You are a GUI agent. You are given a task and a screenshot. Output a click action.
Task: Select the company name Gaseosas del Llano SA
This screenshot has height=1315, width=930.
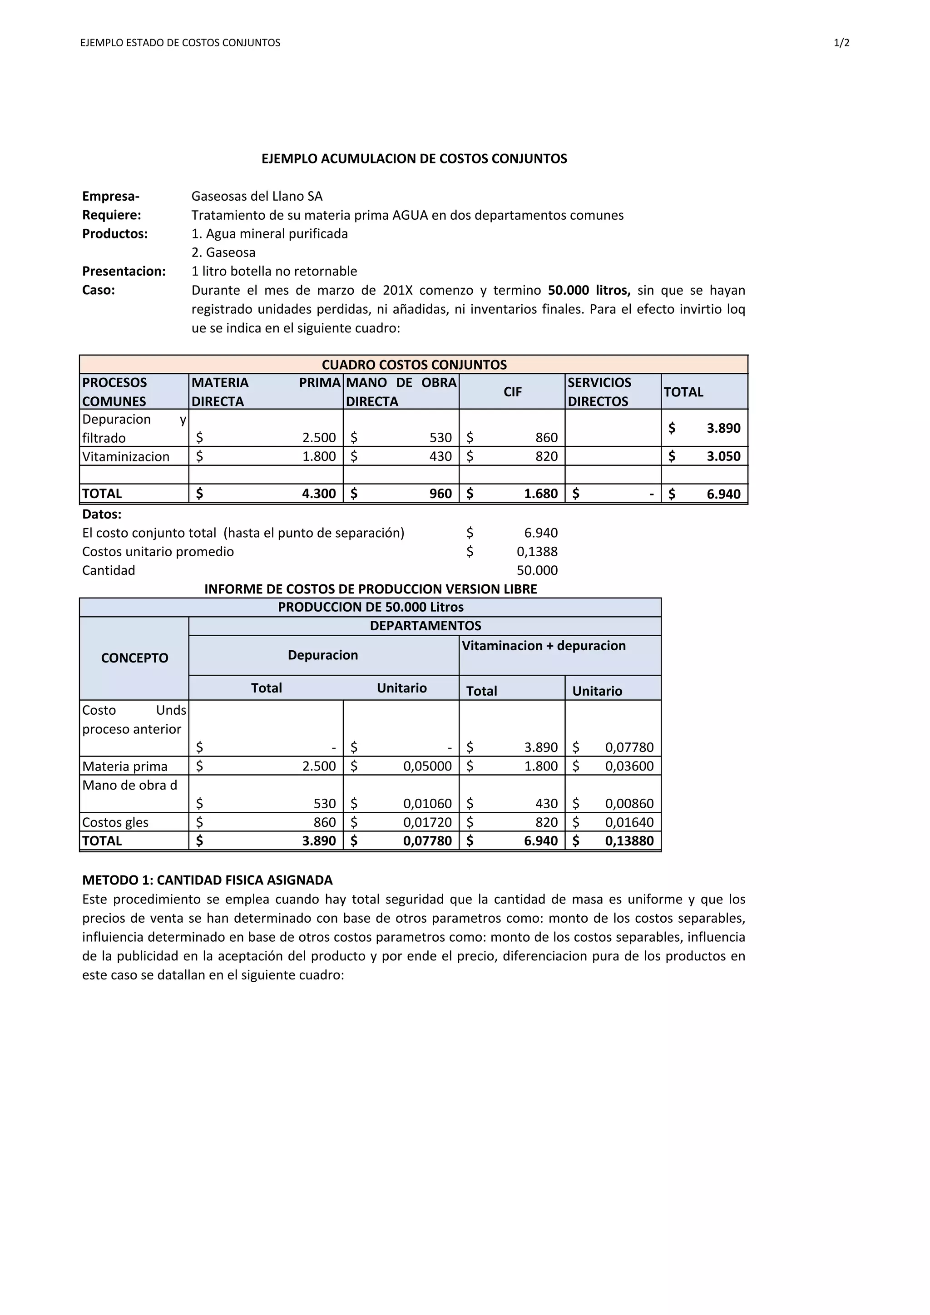[x=257, y=197]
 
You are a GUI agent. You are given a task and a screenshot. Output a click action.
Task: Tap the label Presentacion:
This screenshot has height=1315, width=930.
[x=124, y=272]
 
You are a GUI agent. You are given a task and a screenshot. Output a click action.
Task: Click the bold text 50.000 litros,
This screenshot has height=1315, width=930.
[x=589, y=290]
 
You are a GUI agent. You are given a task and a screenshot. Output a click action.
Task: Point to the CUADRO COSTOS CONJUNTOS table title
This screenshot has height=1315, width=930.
[x=414, y=365]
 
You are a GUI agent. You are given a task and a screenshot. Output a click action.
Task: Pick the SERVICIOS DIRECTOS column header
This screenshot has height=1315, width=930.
[x=599, y=392]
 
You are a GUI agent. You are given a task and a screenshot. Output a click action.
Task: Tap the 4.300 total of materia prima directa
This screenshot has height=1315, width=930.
[x=318, y=494]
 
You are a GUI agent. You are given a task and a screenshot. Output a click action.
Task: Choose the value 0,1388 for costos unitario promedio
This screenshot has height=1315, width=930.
[x=537, y=552]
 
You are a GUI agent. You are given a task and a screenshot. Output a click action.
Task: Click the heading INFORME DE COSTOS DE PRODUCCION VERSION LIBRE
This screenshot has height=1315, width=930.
[x=371, y=589]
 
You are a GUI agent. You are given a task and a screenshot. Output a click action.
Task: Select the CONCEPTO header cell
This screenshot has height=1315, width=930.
[x=134, y=658]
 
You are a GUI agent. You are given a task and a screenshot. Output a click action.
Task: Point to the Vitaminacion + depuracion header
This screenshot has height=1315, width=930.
[x=544, y=646]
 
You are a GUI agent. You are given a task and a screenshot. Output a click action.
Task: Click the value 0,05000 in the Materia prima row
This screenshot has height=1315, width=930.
[x=427, y=766]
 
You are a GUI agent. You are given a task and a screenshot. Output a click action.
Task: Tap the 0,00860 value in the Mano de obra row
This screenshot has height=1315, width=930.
[x=629, y=804]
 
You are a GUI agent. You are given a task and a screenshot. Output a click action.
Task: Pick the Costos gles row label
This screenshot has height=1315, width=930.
[x=115, y=822]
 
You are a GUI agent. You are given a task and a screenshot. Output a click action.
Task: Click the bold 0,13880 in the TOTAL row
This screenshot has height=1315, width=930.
[x=629, y=841]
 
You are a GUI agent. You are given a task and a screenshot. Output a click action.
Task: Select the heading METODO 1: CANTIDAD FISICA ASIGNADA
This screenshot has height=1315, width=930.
[x=208, y=880]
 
